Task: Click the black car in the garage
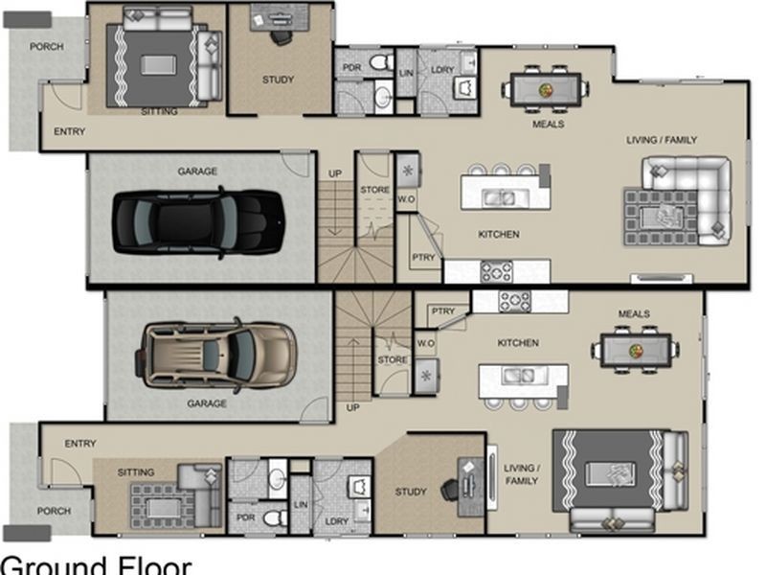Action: pyautogui.click(x=198, y=222)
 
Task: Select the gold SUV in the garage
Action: pyautogui.click(x=219, y=354)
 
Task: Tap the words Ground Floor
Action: pyautogui.click(x=96, y=564)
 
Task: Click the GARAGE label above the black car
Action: pyautogui.click(x=197, y=172)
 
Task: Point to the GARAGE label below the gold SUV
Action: pyautogui.click(x=207, y=403)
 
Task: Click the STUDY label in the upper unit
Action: pyautogui.click(x=278, y=80)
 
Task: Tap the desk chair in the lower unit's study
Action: pyautogui.click(x=449, y=489)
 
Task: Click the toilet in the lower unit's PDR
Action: pyautogui.click(x=274, y=517)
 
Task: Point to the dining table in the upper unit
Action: pyautogui.click(x=546, y=89)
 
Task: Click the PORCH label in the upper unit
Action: pyautogui.click(x=45, y=46)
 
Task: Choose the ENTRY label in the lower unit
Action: pyautogui.click(x=80, y=443)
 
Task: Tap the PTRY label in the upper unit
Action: pyautogui.click(x=423, y=257)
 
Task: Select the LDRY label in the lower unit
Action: pyautogui.click(x=337, y=521)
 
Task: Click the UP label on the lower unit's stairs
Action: pyautogui.click(x=352, y=407)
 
